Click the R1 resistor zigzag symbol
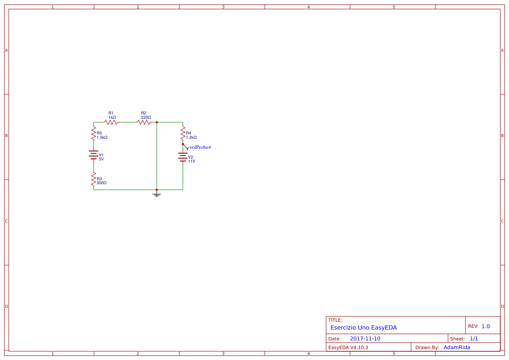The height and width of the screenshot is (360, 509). click(111, 122)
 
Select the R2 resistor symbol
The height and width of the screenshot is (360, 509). click(144, 122)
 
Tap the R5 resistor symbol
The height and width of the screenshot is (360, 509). click(94, 133)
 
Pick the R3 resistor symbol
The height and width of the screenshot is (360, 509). click(94, 179)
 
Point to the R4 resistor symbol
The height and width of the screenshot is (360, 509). click(183, 133)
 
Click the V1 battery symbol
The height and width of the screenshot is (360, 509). click(94, 155)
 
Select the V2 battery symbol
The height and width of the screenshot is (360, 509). click(183, 158)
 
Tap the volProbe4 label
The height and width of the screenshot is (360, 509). click(200, 148)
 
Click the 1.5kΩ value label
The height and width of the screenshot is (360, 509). click(102, 138)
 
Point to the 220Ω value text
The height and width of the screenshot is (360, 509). click(146, 118)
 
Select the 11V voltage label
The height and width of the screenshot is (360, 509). click(192, 161)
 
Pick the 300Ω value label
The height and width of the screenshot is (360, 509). click(101, 183)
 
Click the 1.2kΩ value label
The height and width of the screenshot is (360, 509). click(191, 138)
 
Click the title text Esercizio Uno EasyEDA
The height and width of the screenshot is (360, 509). click(364, 327)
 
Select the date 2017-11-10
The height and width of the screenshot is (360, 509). click(365, 339)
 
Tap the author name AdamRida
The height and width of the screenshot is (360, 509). click(457, 347)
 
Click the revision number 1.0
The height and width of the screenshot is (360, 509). click(485, 326)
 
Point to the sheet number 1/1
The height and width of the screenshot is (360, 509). click(474, 339)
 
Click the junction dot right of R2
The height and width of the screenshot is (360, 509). click(157, 122)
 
